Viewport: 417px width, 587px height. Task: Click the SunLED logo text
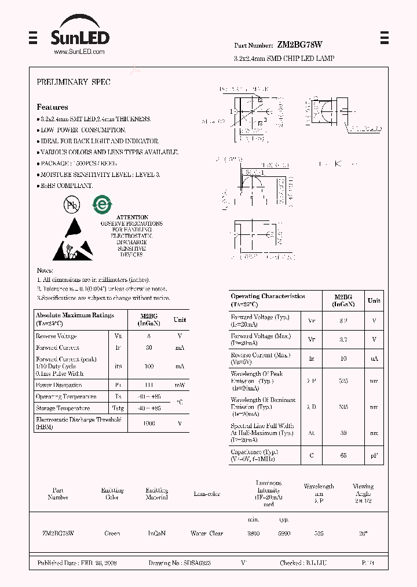79,38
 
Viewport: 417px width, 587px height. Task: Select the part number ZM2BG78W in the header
300,45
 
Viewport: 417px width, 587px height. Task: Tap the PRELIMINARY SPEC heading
74,82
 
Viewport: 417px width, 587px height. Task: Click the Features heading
52,107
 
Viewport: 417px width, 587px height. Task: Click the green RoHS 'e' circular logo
103,204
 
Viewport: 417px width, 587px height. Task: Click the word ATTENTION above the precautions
133,218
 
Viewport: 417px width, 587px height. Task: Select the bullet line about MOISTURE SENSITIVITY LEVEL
100,175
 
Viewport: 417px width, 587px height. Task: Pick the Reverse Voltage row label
56,336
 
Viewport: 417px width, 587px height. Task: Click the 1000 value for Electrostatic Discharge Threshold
149,423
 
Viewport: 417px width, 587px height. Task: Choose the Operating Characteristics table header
268,300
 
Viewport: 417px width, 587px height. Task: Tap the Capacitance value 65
343,456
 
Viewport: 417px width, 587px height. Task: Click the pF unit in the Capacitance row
374,456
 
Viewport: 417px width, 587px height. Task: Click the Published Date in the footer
77,563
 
